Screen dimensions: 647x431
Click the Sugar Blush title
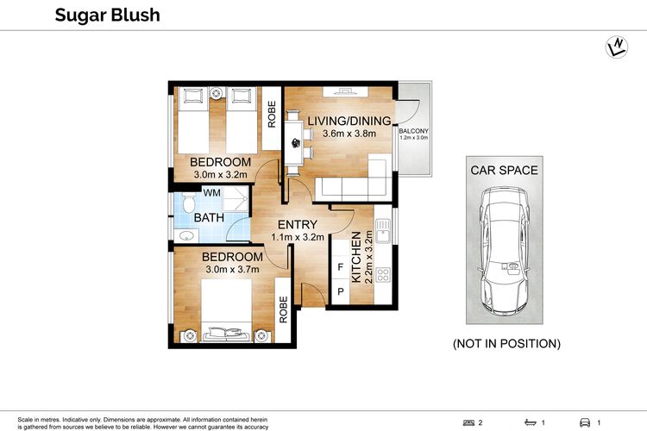point(107,16)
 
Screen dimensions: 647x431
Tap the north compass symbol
point(617,47)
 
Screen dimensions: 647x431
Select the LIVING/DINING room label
point(349,121)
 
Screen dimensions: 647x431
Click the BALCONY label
point(413,131)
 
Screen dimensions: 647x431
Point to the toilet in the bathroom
point(189,203)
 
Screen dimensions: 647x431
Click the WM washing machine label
point(211,192)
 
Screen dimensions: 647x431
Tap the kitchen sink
point(383,231)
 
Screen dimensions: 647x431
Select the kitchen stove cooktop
point(383,275)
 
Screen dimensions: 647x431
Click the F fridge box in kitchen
point(341,267)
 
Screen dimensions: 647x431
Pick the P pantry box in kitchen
point(341,291)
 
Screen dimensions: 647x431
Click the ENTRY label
point(298,224)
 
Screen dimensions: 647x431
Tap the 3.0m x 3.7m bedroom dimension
point(232,269)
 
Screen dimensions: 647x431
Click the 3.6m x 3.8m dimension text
point(349,134)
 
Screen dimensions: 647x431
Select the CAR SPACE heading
point(505,171)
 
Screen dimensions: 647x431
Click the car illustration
point(504,251)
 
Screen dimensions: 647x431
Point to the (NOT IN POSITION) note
point(506,344)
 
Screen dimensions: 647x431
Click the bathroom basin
point(186,236)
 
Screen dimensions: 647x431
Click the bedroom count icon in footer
point(468,422)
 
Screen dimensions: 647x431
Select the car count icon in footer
point(585,422)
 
